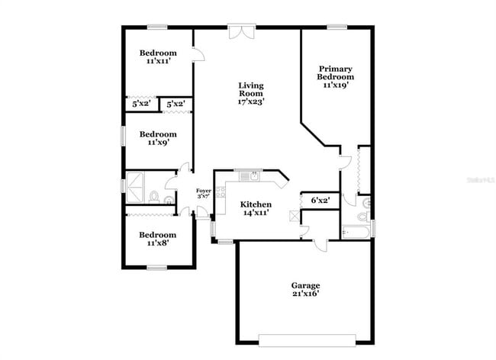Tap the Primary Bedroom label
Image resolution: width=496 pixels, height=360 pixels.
click(336, 76)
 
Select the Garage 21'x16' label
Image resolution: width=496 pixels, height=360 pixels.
click(304, 288)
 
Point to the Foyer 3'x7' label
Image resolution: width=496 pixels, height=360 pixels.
click(204, 194)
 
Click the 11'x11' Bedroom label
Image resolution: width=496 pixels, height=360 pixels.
click(157, 57)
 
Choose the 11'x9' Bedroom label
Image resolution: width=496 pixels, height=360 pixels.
click(157, 138)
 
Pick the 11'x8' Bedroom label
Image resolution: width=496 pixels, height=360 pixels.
click(157, 239)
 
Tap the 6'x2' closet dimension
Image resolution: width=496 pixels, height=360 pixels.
click(320, 200)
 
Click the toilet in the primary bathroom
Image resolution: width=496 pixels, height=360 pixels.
click(367, 203)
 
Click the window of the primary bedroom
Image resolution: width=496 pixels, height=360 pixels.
click(337, 27)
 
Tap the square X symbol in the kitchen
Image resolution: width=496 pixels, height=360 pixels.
click(294, 216)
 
